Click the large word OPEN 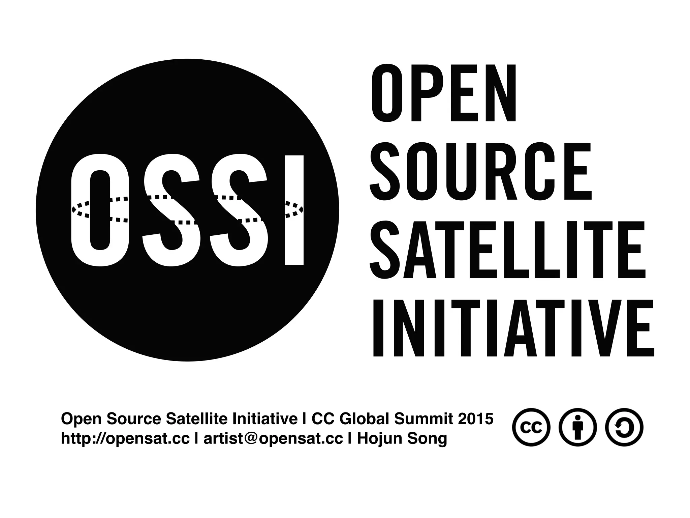(444, 93)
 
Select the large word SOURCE (480, 171)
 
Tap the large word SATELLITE (507, 250)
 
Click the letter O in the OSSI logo (100, 209)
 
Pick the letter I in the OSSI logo (294, 209)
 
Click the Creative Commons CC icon (531, 427)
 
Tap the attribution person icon (577, 427)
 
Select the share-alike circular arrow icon (624, 427)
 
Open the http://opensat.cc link (125, 439)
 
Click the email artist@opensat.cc (273, 439)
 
